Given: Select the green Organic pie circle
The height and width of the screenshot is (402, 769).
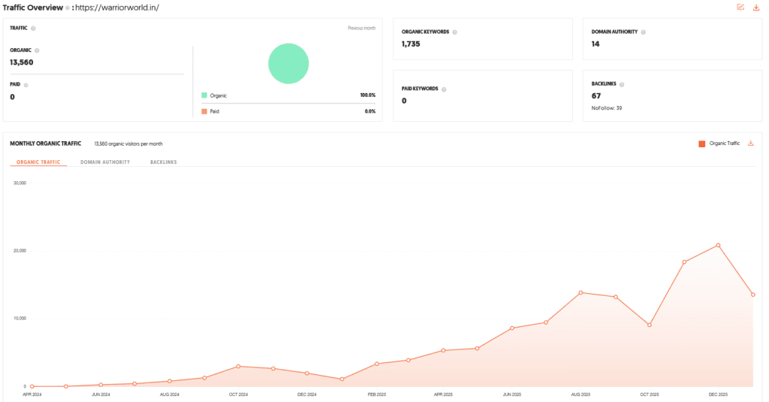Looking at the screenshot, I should click(288, 63).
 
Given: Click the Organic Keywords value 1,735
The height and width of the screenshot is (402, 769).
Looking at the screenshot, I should click(411, 44).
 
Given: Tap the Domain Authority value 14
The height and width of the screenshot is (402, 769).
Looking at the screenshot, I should click(596, 44).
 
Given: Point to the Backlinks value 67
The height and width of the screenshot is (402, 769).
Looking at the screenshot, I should click(596, 96).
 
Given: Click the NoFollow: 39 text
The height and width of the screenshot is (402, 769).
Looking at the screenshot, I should click(607, 108).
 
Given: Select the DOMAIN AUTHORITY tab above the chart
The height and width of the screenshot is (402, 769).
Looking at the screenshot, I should click(105, 162).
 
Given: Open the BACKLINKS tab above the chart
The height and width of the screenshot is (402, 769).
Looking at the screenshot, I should click(163, 162).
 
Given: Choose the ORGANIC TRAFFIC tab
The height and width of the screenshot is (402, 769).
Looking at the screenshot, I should click(38, 162).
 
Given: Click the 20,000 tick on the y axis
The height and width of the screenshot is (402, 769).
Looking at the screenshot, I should click(20, 250).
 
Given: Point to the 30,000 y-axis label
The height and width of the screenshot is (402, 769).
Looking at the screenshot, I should click(20, 183).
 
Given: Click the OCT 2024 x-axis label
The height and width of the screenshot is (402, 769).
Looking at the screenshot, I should click(238, 394).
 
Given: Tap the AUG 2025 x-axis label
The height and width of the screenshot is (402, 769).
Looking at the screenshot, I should click(581, 394).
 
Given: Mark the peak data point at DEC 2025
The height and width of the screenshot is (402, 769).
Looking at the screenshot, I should click(718, 245).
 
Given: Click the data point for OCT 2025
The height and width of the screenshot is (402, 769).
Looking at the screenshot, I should click(649, 325).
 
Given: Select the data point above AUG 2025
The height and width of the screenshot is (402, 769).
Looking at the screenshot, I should click(581, 292).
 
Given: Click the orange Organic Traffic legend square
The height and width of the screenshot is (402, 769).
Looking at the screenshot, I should click(702, 143).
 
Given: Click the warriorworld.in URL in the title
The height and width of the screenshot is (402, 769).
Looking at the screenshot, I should click(119, 8).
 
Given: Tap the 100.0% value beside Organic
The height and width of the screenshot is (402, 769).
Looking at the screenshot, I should click(367, 95).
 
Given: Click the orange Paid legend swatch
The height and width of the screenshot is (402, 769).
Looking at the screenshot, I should click(204, 111).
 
